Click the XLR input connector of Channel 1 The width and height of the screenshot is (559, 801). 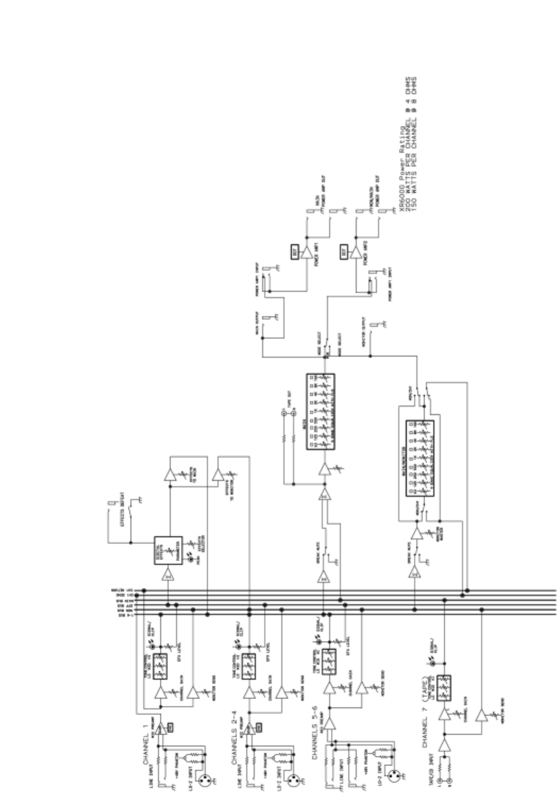click(x=206, y=780)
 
